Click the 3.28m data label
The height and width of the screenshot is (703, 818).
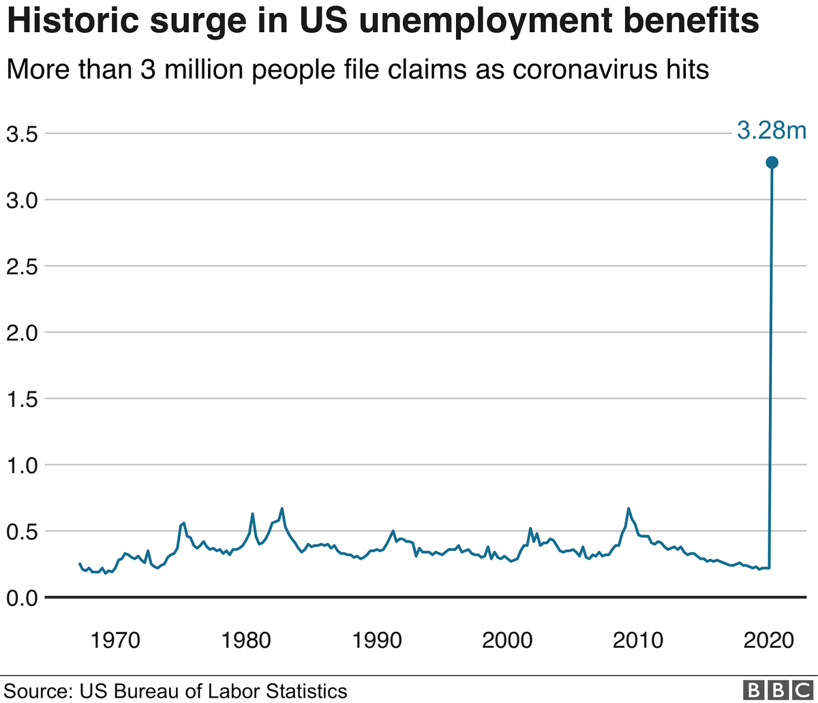coord(772,130)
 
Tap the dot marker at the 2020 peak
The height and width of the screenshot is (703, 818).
coord(772,162)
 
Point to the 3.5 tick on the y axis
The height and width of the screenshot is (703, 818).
coord(22,134)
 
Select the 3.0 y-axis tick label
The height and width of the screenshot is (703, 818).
coord(22,200)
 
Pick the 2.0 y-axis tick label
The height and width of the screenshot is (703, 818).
coord(22,333)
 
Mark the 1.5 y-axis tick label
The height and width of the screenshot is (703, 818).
coord(22,400)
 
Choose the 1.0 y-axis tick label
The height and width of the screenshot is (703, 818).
coord(22,466)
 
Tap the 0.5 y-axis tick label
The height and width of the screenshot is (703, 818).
coord(22,532)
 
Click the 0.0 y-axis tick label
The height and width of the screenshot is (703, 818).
coord(22,598)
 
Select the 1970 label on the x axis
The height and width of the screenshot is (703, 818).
coord(115,641)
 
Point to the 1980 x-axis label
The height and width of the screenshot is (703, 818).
coord(246,641)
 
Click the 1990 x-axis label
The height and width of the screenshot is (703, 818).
coord(376,641)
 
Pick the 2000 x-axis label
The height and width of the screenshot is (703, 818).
coord(507,641)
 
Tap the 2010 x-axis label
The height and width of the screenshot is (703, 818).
coord(637,641)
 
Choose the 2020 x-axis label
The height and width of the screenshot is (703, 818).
coord(768,641)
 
